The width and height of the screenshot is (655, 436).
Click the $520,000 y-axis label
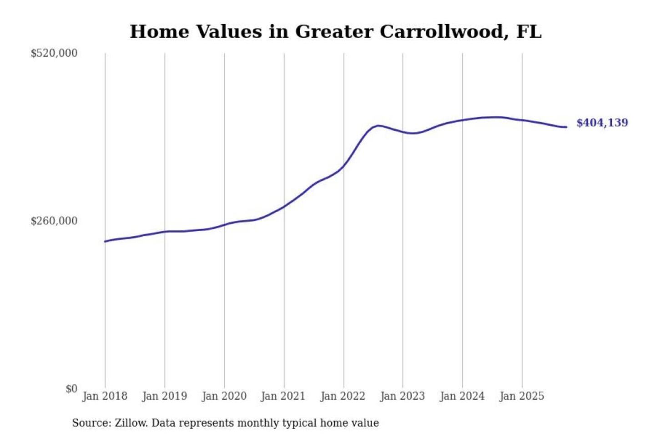coord(54,53)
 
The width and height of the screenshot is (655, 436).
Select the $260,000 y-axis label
coord(54,221)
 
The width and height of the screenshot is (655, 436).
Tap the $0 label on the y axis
coord(71,389)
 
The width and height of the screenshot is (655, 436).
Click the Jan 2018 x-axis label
coord(105,396)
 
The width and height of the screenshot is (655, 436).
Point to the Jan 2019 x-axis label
coord(164,396)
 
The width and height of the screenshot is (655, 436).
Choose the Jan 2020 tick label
coord(224,396)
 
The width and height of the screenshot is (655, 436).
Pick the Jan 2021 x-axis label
coord(283,396)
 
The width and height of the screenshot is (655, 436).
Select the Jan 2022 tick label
coord(343,396)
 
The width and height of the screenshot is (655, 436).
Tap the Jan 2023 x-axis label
coord(402,396)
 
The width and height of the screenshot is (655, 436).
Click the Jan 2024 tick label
coord(462,396)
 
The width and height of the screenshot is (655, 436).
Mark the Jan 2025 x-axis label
coord(521,396)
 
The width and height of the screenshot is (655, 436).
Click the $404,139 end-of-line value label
coord(602,123)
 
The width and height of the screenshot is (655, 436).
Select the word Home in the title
coord(159,32)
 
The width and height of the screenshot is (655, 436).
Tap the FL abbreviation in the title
coord(529,32)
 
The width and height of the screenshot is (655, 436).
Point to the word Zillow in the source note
coord(131,423)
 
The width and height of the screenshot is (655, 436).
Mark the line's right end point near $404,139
coord(566,127)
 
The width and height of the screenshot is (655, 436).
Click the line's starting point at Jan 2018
coord(105,241)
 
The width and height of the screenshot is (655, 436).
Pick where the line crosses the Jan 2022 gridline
coord(344,166)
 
